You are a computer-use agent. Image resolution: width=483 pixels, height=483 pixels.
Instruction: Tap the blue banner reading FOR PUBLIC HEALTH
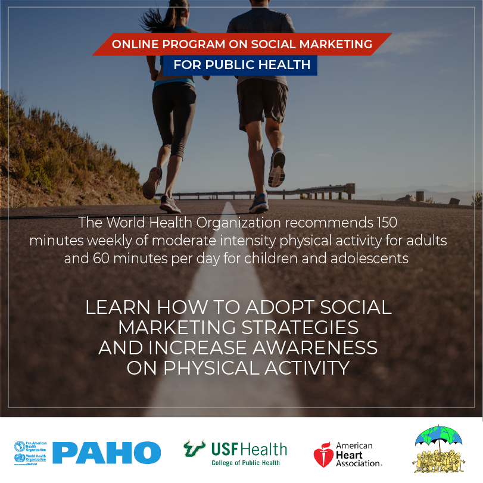pyautogui.click(x=242, y=65)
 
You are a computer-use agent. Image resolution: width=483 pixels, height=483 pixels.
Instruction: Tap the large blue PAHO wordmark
pyautogui.click(x=107, y=453)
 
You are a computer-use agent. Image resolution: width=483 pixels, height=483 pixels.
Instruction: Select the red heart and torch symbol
pyautogui.click(x=323, y=454)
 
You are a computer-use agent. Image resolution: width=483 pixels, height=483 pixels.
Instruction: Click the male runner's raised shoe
pyautogui.click(x=277, y=169)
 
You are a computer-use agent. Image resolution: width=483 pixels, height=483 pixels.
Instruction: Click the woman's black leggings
pyautogui.click(x=173, y=119)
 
